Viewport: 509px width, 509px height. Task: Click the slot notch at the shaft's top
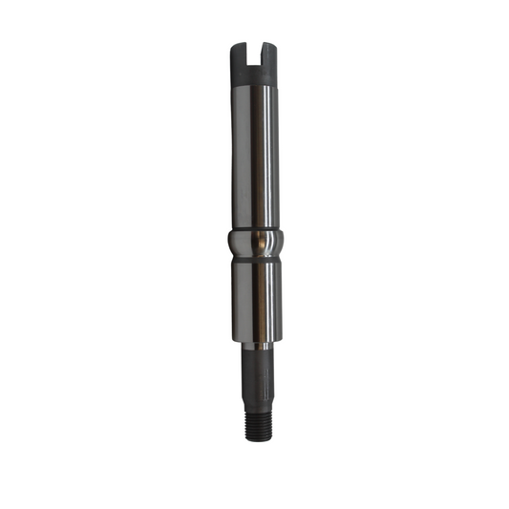coord(253,53)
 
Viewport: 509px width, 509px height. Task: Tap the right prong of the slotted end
coord(268,53)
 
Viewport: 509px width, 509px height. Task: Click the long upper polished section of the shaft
coord(254,153)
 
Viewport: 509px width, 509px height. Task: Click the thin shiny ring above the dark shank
coord(256,346)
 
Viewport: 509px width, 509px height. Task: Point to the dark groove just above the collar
coord(254,226)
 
